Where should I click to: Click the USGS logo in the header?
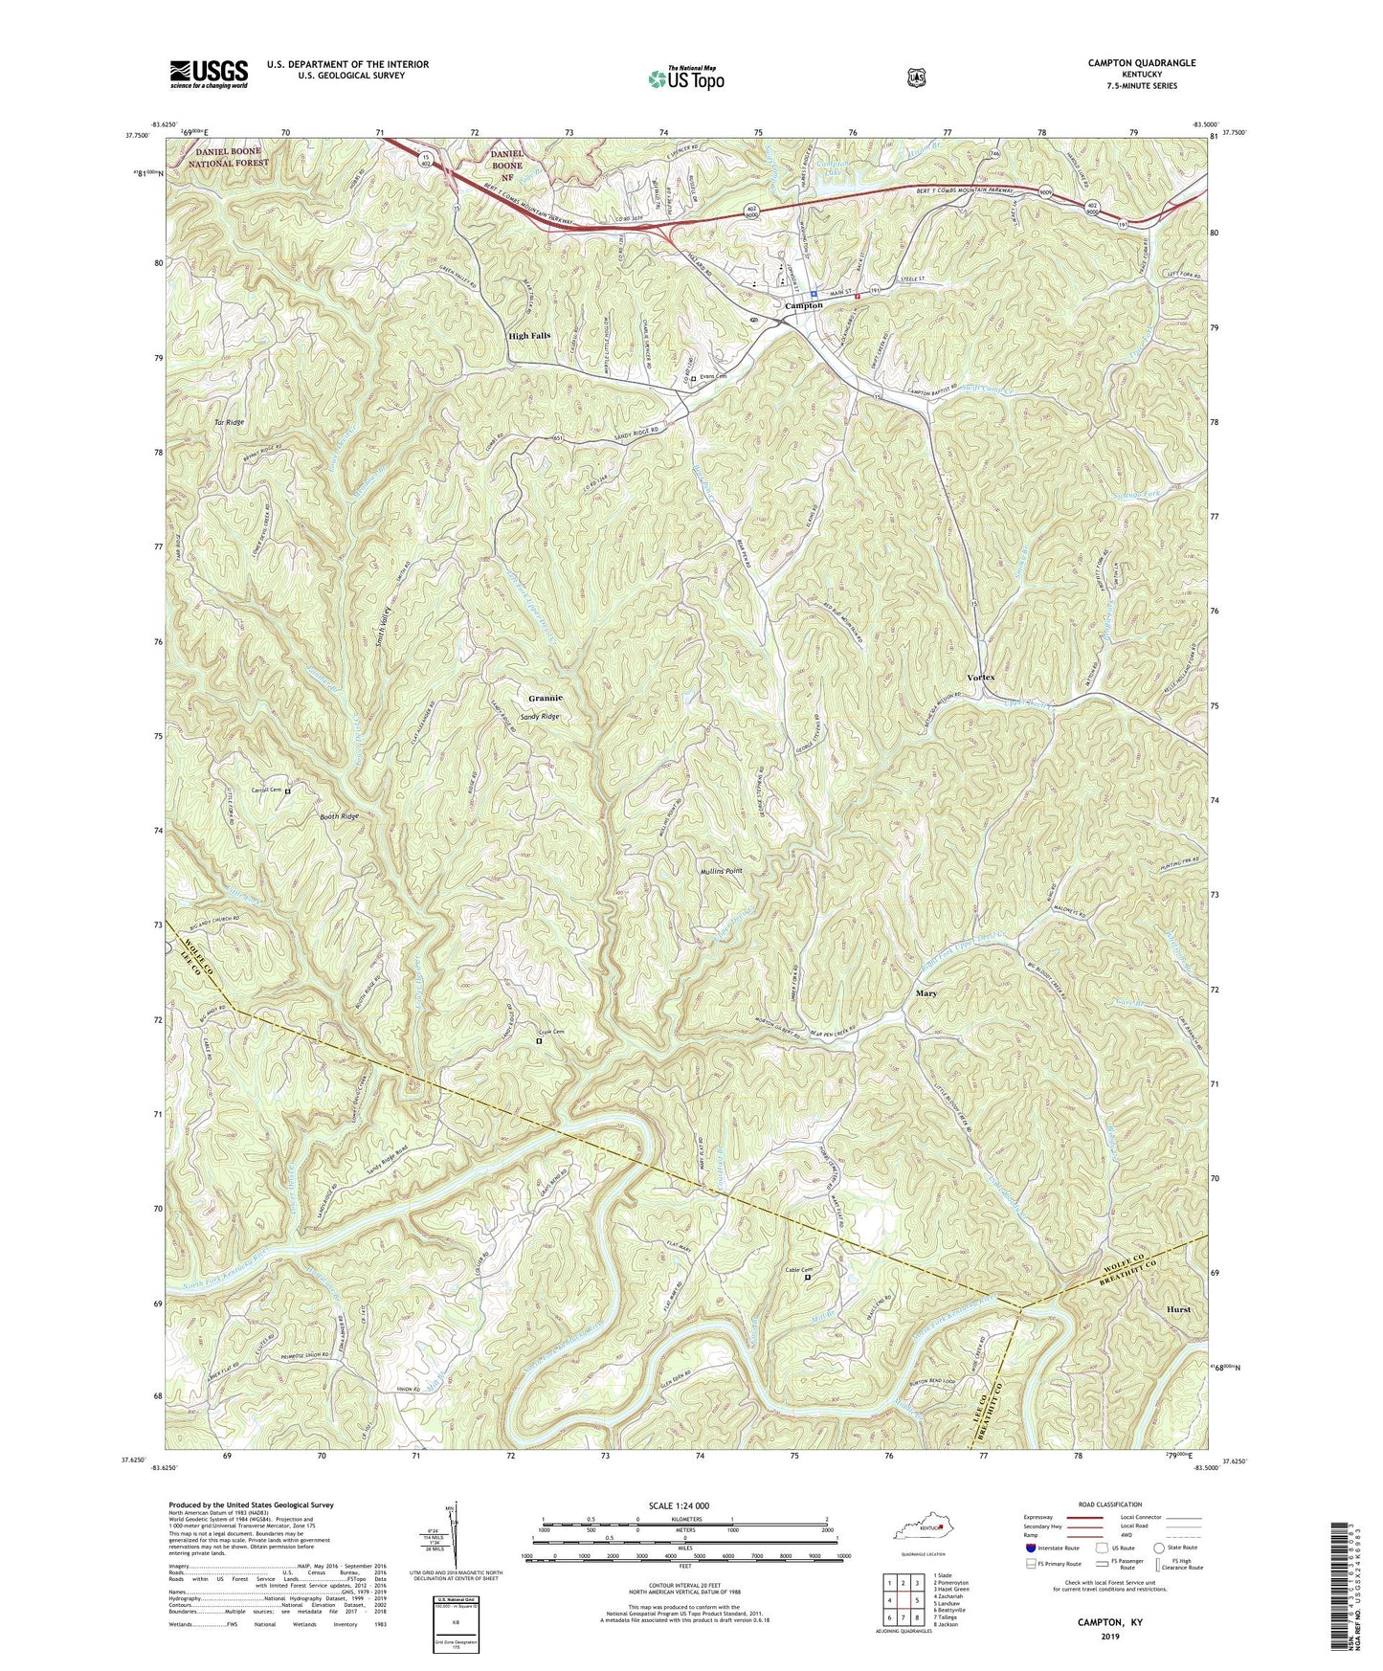(209, 73)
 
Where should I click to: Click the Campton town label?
(803, 305)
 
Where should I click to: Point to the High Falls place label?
(529, 336)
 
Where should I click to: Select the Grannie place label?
(546, 698)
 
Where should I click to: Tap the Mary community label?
(926, 993)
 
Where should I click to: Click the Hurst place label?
(1178, 1308)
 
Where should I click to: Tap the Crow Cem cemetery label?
(551, 1032)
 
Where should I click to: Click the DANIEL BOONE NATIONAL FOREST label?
(229, 158)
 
